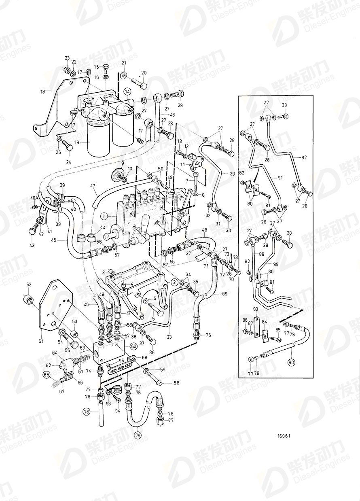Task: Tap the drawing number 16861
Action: pos(284,436)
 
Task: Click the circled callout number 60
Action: pos(133,346)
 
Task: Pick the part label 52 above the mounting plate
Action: pos(29,285)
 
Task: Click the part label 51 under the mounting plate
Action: pos(40,342)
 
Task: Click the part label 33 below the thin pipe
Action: pos(169,337)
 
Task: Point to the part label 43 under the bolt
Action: pos(32,245)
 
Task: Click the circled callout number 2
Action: pos(173,281)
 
